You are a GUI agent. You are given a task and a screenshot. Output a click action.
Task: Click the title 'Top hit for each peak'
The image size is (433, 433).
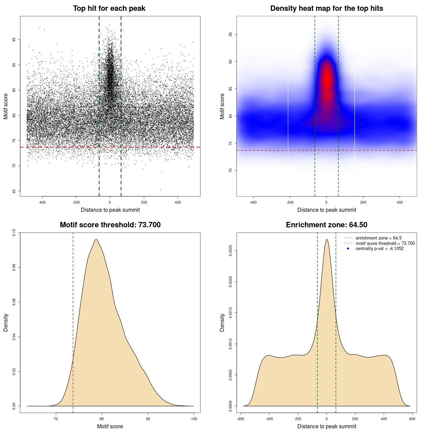[x=109, y=8]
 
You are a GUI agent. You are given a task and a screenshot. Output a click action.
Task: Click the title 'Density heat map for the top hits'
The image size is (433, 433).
[x=326, y=8]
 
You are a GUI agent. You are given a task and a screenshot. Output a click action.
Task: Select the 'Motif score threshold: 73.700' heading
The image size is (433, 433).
[x=110, y=225]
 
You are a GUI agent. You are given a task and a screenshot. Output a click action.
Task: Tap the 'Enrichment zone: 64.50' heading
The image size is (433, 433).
[x=326, y=225]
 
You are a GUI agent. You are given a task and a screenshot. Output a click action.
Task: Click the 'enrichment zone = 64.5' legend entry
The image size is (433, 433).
[x=379, y=238]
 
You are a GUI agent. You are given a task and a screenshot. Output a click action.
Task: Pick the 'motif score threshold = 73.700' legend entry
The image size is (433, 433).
[x=385, y=244]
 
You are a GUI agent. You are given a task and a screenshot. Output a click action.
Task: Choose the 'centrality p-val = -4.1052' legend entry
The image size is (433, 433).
[x=380, y=249]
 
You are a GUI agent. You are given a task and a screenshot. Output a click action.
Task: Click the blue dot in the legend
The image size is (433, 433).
[x=348, y=249]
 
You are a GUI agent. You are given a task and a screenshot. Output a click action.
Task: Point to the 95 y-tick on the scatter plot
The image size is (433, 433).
[x=14, y=40]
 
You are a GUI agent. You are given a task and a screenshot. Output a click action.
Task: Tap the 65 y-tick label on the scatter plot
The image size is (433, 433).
[x=14, y=191]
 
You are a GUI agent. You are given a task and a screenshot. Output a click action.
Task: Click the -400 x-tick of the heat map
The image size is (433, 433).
[x=253, y=203]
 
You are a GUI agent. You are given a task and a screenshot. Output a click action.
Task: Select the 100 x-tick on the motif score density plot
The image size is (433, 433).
[x=194, y=419]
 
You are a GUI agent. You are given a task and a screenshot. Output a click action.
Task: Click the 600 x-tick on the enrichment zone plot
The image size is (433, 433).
[x=412, y=419]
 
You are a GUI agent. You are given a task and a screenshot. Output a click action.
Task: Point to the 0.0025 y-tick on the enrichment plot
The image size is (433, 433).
[x=230, y=251]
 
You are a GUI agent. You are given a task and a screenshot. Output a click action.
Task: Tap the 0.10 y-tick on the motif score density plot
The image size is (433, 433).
[x=14, y=233]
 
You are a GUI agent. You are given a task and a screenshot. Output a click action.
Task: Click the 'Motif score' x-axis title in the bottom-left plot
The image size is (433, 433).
[x=110, y=426]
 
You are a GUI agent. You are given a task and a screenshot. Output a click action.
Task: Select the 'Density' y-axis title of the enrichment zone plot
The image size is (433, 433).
[x=222, y=322]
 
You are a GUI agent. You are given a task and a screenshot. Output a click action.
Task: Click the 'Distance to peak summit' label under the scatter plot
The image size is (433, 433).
[x=110, y=210]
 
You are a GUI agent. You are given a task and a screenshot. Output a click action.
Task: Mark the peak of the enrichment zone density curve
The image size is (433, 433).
[x=327, y=240]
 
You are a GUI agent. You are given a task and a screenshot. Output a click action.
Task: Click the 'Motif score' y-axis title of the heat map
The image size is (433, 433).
[x=222, y=106]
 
